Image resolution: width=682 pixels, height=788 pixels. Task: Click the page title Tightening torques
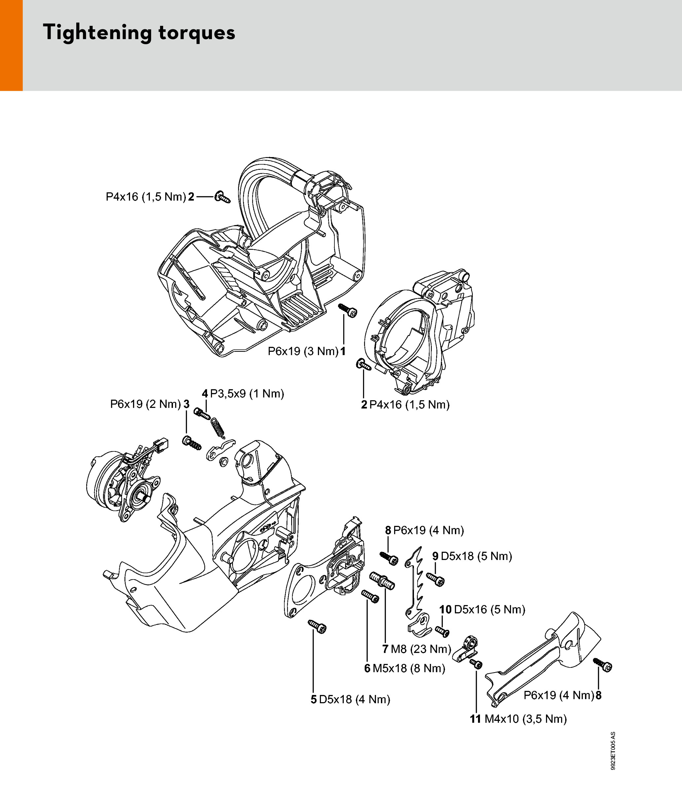coord(139,32)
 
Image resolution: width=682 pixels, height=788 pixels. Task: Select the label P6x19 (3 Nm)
coord(303,351)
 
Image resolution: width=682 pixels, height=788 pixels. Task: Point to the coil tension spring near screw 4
coord(218,428)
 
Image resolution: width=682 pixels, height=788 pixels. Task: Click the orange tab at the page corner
coord(11,45)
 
